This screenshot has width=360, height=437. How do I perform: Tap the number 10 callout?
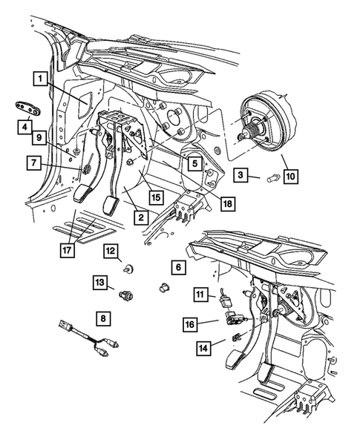290,176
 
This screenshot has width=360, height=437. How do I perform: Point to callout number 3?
242,175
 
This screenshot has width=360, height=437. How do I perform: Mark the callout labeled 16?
190,323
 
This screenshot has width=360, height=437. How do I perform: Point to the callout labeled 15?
154,198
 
